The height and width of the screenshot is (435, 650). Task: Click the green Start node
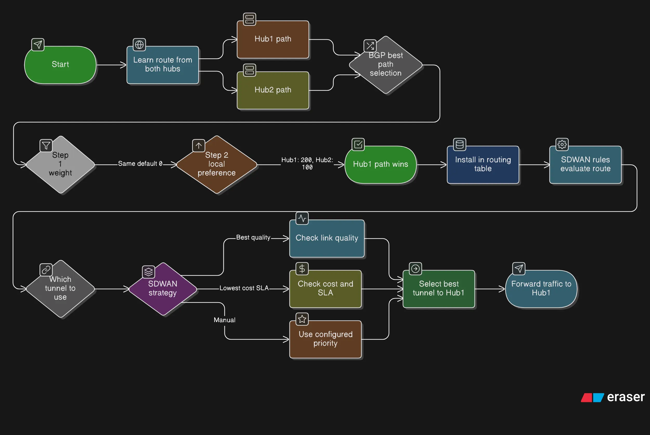[60, 65]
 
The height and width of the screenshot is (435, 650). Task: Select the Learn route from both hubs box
[163, 65]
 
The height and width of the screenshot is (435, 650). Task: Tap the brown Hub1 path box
[273, 39]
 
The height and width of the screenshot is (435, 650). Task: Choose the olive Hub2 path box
[273, 90]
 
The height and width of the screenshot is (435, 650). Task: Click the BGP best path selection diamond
[386, 65]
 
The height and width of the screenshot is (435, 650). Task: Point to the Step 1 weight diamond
[60, 164]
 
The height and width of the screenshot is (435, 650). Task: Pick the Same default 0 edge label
[140, 164]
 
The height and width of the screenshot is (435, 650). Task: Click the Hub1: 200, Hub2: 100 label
[307, 163]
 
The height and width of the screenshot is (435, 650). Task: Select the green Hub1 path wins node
[380, 164]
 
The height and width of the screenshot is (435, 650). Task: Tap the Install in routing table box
[483, 164]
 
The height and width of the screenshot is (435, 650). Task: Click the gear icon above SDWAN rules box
[562, 144]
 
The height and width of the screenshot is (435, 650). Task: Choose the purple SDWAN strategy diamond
[163, 289]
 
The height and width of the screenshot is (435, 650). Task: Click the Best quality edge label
[253, 238]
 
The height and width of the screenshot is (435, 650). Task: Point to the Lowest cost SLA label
[244, 288]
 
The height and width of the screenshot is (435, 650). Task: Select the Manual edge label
[225, 320]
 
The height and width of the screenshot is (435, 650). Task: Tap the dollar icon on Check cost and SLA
[302, 268]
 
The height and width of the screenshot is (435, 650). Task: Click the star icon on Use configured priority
[302, 319]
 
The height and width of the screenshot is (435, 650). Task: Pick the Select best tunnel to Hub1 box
[439, 289]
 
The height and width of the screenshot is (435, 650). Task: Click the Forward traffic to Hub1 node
[541, 289]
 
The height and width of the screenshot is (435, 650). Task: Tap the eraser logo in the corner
[613, 397]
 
